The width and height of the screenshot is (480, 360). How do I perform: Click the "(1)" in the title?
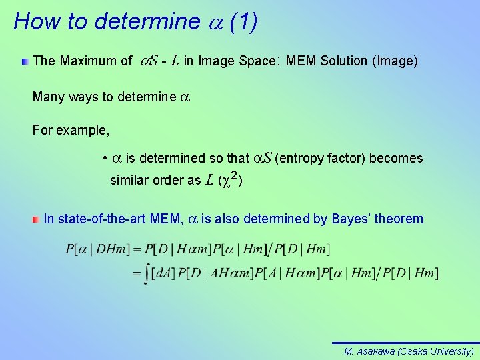click(243, 21)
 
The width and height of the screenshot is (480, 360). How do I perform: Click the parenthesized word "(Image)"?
click(397, 61)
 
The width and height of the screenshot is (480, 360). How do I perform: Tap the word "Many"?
click(48, 97)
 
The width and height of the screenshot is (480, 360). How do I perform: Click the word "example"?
click(84, 131)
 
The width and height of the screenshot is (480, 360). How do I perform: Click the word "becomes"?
click(396, 159)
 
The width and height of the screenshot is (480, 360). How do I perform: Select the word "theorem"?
click(401, 219)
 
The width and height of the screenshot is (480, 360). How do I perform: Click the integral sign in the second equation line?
click(146, 273)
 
